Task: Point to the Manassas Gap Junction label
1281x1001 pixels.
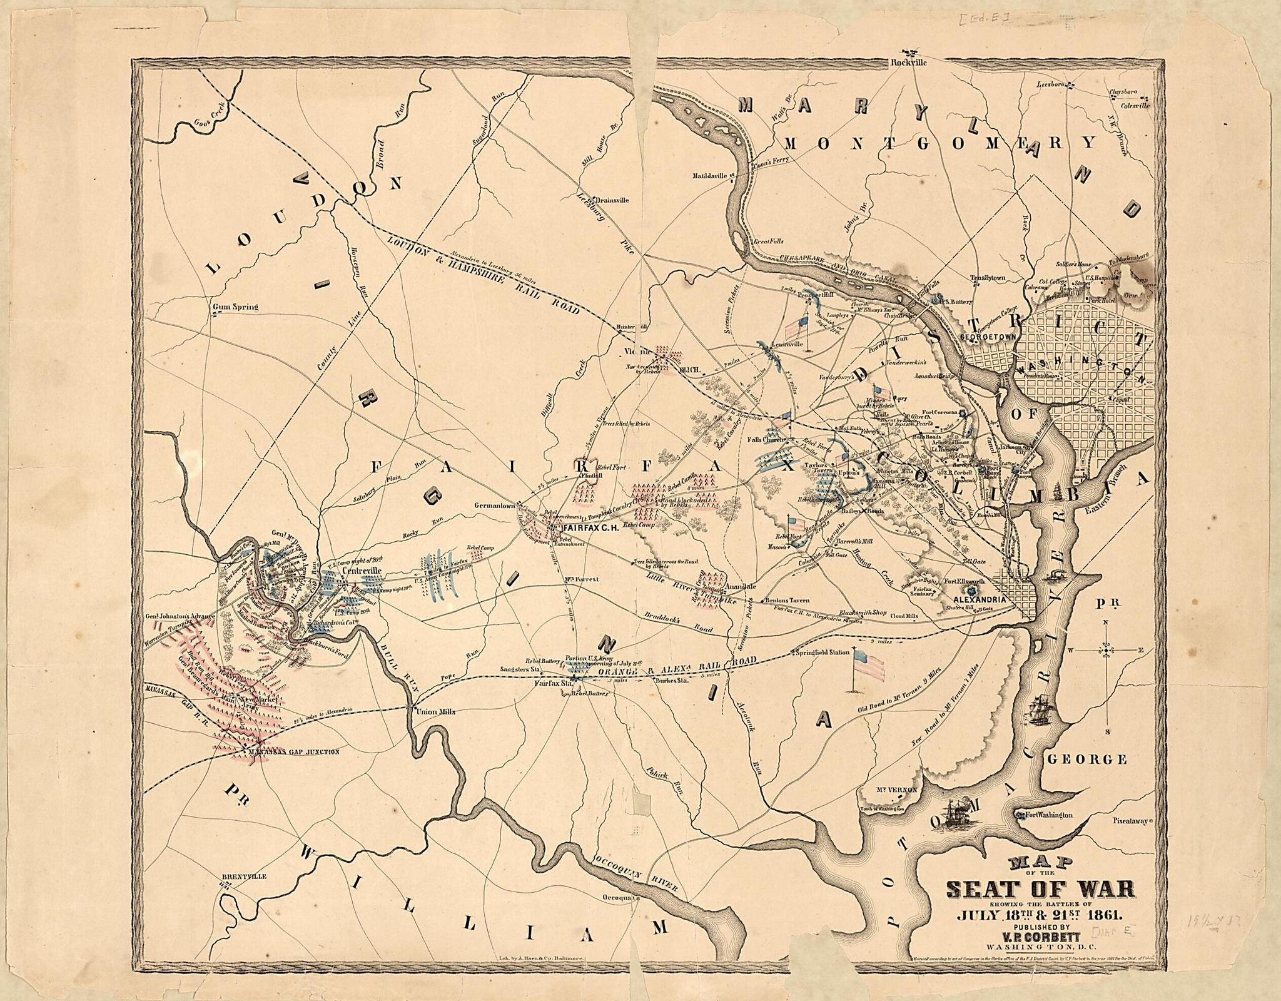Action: pyautogui.click(x=293, y=752)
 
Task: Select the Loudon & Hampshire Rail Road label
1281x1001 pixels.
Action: pyautogui.click(x=482, y=273)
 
